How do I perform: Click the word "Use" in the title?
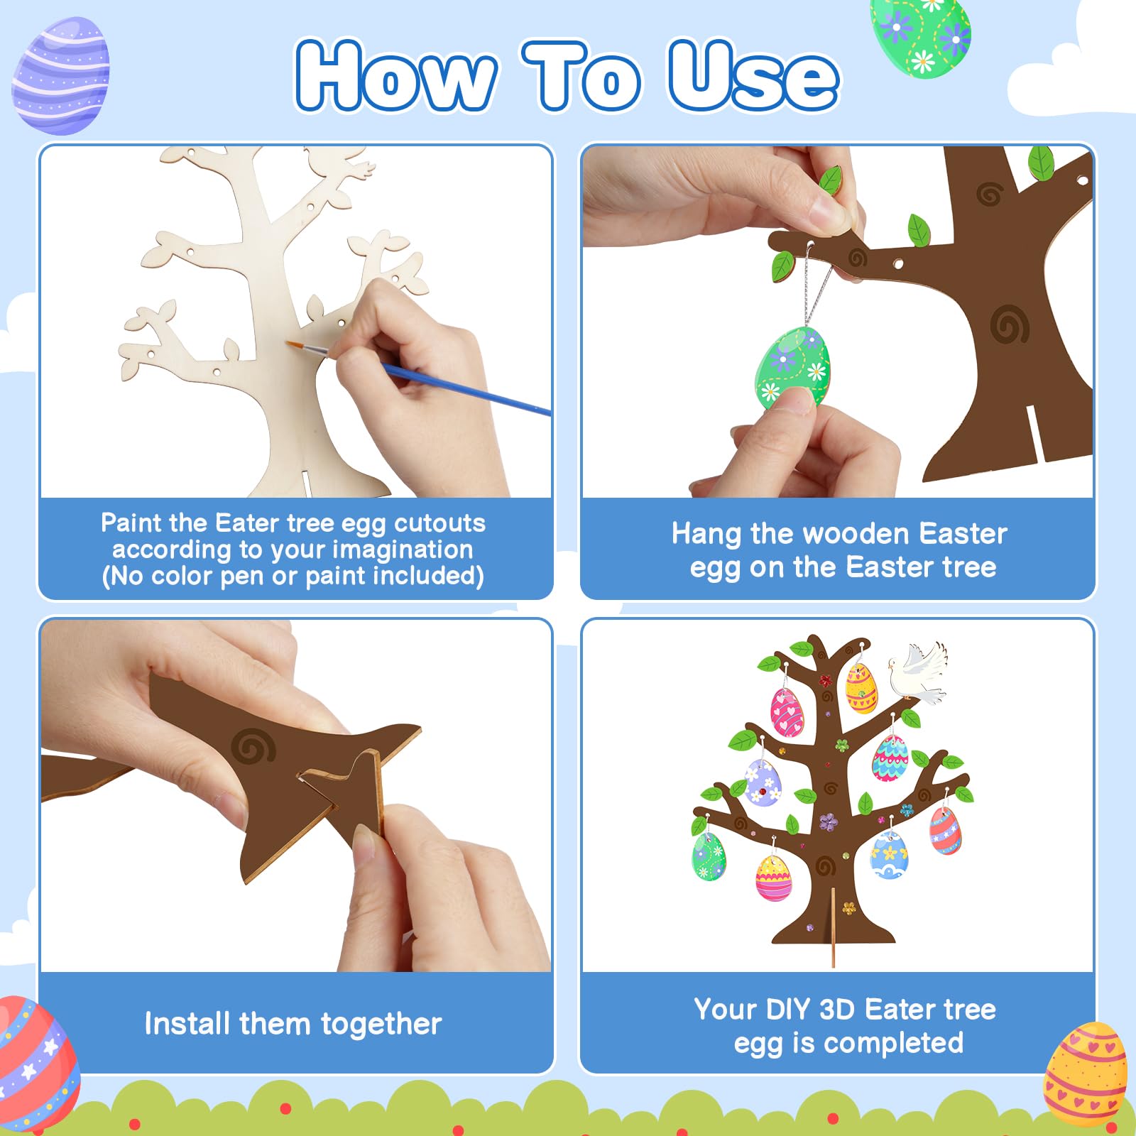(x=753, y=76)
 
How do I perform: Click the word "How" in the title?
(x=395, y=76)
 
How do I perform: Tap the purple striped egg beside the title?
(x=61, y=76)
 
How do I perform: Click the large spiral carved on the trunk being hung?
(x=1009, y=324)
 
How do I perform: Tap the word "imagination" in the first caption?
(x=403, y=550)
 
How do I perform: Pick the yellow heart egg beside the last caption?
(x=1084, y=1072)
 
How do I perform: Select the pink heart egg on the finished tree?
(x=787, y=712)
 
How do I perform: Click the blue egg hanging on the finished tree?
(x=890, y=856)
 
